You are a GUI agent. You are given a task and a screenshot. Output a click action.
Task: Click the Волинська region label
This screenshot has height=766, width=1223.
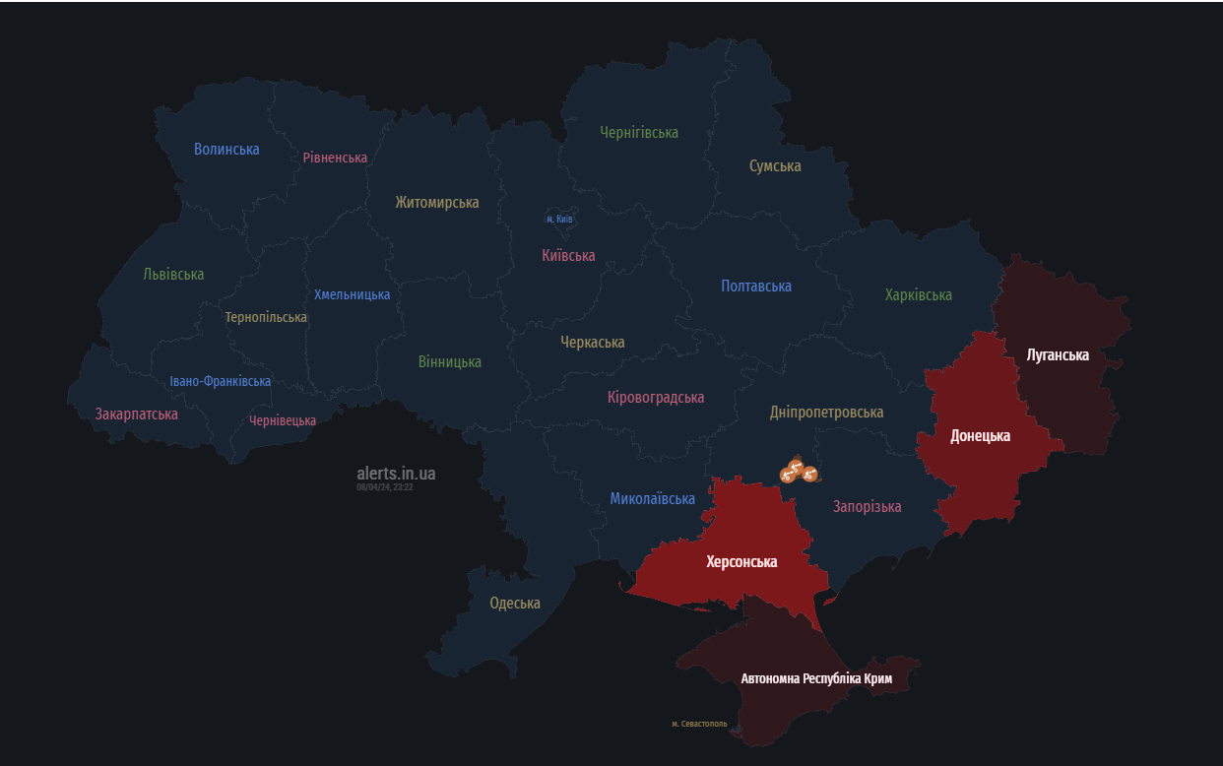(226, 150)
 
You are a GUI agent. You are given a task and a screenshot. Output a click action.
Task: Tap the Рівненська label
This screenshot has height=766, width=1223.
(335, 158)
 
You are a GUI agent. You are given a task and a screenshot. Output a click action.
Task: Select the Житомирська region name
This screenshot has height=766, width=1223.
(437, 203)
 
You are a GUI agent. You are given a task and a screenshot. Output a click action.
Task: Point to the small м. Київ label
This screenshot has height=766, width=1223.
(559, 219)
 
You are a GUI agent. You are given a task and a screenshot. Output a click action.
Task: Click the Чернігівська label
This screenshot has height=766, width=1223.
(639, 133)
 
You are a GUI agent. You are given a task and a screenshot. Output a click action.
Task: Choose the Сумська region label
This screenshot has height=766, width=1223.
(775, 166)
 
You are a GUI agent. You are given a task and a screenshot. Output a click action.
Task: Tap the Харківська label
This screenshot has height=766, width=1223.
(918, 295)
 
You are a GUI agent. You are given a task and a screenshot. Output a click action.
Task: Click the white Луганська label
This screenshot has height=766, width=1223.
(1058, 355)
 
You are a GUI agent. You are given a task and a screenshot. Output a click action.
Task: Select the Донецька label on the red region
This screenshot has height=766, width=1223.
(980, 436)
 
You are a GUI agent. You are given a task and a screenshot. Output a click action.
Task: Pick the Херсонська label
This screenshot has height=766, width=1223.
(741, 562)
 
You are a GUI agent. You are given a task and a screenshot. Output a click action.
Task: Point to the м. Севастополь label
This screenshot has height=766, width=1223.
(699, 725)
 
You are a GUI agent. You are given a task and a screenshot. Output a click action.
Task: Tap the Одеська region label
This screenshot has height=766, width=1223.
(515, 604)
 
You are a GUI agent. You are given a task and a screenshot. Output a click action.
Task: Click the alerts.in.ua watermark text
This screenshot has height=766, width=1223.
(396, 474)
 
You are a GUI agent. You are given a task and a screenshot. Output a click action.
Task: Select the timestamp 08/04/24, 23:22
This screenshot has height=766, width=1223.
(385, 487)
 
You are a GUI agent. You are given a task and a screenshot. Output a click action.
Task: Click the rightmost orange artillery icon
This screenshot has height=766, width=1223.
(810, 475)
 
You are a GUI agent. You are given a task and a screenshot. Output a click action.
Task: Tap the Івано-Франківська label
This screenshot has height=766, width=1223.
(220, 382)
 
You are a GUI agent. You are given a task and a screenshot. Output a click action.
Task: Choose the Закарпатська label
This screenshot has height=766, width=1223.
(137, 415)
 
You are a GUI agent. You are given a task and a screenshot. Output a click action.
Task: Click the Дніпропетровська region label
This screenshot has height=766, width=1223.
(826, 413)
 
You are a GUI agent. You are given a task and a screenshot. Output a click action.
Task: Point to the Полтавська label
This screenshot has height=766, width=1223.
(756, 287)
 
